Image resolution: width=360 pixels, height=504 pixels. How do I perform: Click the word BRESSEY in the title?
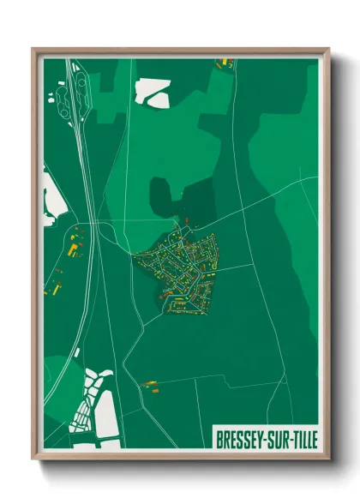tap(240, 435)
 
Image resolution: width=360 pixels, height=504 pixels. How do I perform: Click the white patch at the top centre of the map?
tap(152, 91)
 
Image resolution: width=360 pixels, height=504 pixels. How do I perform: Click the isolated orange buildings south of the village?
tap(151, 387)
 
